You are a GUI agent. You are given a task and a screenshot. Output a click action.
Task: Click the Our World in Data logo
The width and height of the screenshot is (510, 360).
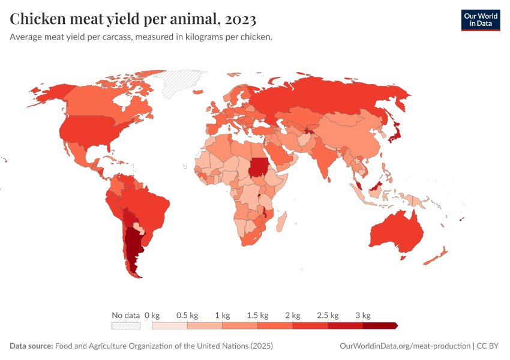(480, 20)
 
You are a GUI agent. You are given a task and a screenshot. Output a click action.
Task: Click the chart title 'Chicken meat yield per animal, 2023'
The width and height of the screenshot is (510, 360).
(133, 20)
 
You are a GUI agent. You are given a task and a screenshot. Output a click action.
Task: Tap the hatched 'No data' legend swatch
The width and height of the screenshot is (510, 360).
(125, 326)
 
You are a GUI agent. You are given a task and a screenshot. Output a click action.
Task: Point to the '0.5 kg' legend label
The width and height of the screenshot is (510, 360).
(187, 315)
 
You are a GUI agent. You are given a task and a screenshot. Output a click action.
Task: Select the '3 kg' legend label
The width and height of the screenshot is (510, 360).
(362, 315)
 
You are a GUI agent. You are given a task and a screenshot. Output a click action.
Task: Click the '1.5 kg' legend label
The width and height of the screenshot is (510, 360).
(257, 315)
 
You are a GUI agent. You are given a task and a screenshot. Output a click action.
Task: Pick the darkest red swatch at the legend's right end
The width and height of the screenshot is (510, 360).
(379, 326)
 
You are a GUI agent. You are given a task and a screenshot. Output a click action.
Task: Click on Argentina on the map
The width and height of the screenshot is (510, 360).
(132, 246)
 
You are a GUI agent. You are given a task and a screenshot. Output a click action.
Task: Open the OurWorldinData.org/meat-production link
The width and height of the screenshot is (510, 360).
(404, 346)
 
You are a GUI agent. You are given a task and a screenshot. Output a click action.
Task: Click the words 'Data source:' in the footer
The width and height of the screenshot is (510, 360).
(31, 346)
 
